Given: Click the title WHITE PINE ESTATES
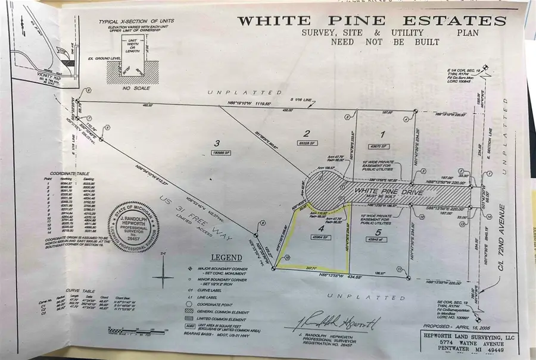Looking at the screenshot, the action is pyautogui.click(x=372, y=21).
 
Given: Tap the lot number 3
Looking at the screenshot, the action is pyautogui.click(x=218, y=143).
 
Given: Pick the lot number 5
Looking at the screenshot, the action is pyautogui.click(x=378, y=231).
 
